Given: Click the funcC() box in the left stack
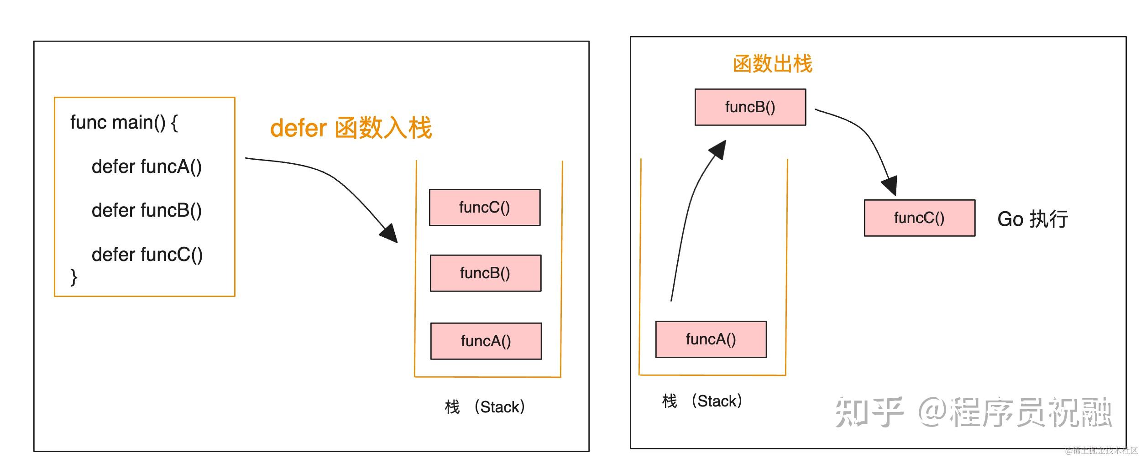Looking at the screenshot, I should (485, 208).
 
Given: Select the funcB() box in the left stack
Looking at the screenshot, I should (486, 273).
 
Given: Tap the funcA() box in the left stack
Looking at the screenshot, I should (486, 341).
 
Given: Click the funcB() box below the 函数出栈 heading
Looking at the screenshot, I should (750, 107).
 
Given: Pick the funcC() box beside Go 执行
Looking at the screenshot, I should (920, 218).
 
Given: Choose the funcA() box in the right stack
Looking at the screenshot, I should (711, 339).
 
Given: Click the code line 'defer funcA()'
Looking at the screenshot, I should (147, 167).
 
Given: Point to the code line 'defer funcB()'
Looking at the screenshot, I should (147, 210).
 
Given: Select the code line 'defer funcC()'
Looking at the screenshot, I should (147, 255).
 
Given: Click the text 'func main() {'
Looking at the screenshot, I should (124, 123).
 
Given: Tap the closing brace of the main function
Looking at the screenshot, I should (73, 277).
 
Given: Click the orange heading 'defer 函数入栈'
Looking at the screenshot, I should (351, 128).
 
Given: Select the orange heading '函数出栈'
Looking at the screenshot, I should (772, 64).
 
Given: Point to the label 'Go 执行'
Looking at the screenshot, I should (1032, 219).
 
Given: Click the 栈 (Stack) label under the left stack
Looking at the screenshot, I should (485, 407).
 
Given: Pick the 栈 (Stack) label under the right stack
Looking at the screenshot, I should (702, 401).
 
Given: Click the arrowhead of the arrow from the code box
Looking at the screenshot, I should (390, 233).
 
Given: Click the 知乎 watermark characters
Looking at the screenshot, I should (869, 412).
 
